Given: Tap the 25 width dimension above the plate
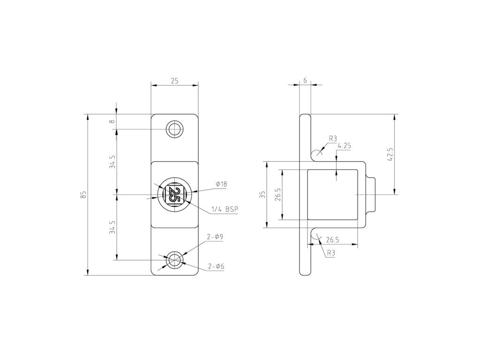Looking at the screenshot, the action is (x=174, y=81).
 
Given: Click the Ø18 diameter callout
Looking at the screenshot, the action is (x=221, y=184).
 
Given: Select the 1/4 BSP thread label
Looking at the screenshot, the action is (x=225, y=210).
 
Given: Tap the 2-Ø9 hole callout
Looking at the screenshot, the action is (x=215, y=237).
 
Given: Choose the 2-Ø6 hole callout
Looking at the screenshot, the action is (x=216, y=267).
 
